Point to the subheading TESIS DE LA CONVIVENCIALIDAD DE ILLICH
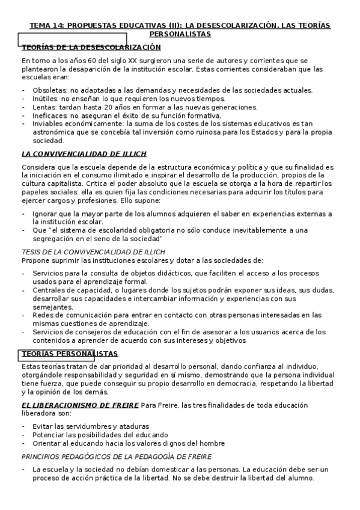93,251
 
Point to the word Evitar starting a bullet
44,426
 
